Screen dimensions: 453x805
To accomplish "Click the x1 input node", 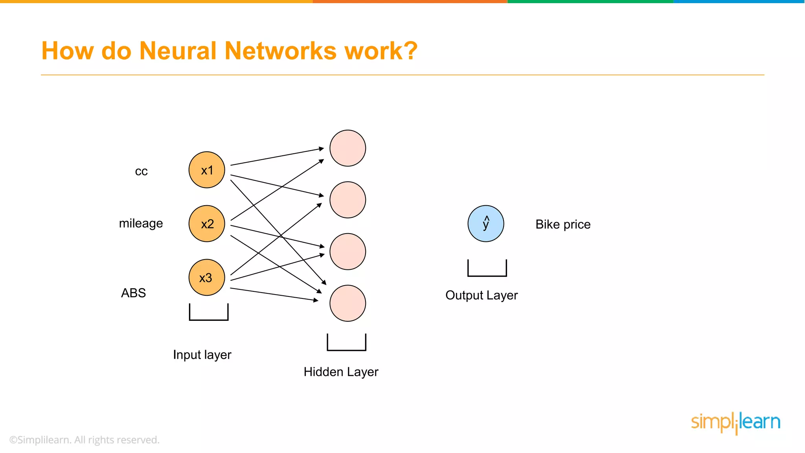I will (x=207, y=170).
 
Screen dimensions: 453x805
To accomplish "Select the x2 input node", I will (x=207, y=223).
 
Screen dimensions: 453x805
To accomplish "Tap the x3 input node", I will (x=207, y=277).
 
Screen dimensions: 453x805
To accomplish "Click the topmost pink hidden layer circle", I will (x=347, y=148).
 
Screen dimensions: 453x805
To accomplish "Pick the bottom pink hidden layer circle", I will (x=347, y=303).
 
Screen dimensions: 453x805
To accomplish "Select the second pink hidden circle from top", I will (x=347, y=200).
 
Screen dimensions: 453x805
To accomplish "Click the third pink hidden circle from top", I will (x=347, y=252).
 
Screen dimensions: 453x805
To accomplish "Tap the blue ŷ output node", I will (x=486, y=223).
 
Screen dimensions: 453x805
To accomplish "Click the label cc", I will (x=141, y=171).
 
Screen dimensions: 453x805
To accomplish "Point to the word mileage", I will (x=141, y=223).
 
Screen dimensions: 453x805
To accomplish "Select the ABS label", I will (x=133, y=293).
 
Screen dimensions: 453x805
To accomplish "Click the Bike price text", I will (x=563, y=224).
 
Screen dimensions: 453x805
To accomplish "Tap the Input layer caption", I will (x=202, y=355).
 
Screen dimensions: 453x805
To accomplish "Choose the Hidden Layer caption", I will (x=341, y=372).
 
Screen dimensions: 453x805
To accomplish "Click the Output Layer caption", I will (x=482, y=295).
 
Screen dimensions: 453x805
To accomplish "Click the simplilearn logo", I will (x=735, y=423).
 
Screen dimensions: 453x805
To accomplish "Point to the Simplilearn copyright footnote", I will (x=84, y=440).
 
